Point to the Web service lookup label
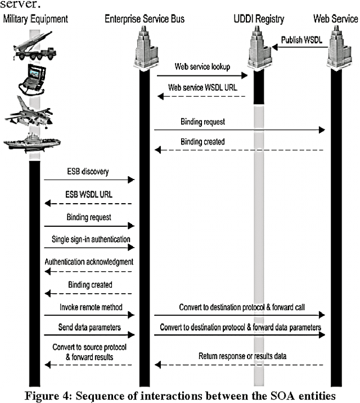[x=202, y=66]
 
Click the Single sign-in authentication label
[x=91, y=239]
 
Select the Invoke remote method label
[x=89, y=307]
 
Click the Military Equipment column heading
[x=36, y=19]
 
